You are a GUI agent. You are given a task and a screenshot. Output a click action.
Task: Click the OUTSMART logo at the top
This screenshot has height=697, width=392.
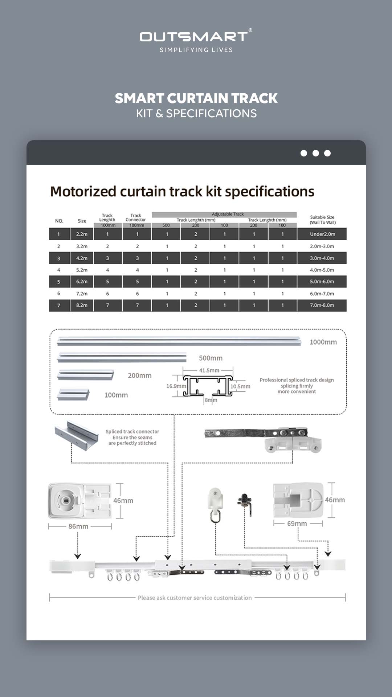pos(196,37)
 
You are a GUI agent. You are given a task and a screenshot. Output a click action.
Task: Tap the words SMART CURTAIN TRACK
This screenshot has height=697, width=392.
pos(196,98)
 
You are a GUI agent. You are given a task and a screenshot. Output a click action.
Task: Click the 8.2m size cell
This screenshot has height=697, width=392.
pos(82,305)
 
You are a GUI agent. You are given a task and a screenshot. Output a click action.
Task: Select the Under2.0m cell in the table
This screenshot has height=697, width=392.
pos(322,234)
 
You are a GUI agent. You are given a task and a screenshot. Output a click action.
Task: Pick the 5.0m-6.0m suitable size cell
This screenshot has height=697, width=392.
pos(322,282)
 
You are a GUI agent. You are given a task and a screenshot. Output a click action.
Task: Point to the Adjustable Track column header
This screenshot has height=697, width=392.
pos(228,214)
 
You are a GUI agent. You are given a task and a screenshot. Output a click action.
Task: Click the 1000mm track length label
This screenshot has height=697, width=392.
pos(323,342)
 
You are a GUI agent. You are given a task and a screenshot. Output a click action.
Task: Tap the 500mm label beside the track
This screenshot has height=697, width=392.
pos(211,358)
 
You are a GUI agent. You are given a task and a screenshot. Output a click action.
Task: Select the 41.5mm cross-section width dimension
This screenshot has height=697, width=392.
pos(209,370)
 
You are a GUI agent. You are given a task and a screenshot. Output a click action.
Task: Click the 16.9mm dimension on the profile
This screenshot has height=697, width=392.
pos(176,386)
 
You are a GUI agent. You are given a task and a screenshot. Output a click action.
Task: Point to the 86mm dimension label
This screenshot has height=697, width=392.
pos(78,526)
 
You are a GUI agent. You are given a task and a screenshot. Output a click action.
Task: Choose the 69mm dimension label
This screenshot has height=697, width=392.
pos(297,523)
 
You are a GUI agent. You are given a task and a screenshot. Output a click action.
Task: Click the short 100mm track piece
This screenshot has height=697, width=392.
pos(73,395)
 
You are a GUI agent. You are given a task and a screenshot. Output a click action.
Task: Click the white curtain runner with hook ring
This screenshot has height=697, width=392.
pos(215,505)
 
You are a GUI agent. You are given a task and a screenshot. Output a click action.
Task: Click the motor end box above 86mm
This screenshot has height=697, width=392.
pos(79,501)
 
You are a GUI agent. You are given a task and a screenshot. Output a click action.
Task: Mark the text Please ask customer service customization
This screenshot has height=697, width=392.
pos(195,598)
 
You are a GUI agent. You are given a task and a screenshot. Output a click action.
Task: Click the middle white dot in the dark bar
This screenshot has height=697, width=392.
pos(316,153)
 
